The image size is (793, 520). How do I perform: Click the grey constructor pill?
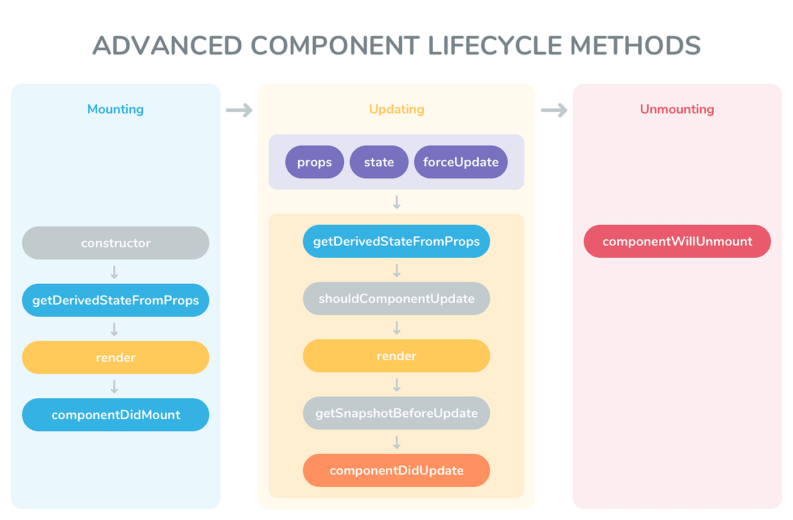coord(116,243)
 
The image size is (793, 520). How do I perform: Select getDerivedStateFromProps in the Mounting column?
coord(116,300)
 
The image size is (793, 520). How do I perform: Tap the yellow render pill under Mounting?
coord(116,357)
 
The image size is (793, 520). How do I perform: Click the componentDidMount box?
coord(116,415)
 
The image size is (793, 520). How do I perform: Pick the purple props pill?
coord(314,162)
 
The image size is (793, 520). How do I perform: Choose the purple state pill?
coord(379,162)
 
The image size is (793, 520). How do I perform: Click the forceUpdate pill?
coord(461,162)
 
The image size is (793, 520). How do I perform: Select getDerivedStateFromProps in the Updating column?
coord(396,241)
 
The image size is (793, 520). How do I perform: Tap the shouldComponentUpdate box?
coord(396,299)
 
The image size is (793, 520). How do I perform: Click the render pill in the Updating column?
coord(396,356)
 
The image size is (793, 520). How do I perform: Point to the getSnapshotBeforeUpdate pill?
coord(396,413)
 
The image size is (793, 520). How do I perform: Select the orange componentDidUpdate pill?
coord(396,470)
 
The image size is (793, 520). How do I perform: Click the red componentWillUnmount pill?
coord(677,241)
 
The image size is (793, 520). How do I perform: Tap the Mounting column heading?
coord(116,109)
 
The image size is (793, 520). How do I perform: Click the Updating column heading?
coord(396,109)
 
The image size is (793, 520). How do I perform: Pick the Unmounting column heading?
coord(677,109)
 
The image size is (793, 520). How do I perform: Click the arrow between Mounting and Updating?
coord(239,110)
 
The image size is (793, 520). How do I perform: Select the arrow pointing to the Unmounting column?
coord(554,110)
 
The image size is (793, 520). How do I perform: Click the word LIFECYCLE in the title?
coord(496,45)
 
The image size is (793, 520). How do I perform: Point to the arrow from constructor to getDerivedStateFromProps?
coord(114,272)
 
